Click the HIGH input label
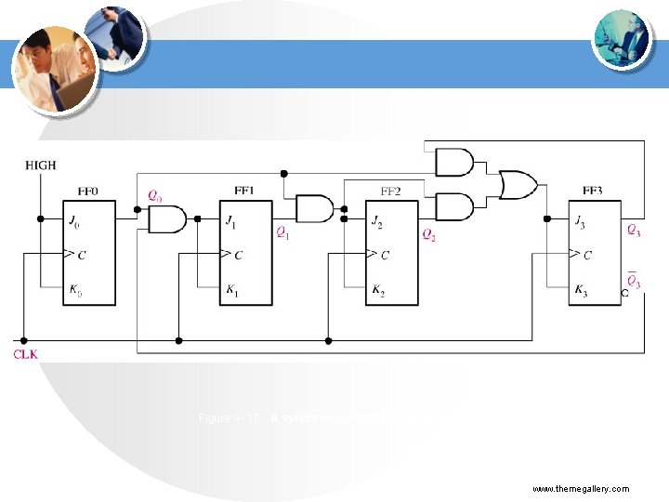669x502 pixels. point(40,165)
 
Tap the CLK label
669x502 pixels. point(26,354)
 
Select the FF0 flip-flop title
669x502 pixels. point(88,192)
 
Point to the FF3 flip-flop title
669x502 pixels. point(592,192)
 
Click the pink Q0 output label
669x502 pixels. point(154,196)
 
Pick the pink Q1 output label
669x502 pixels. point(282,233)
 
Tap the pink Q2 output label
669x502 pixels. point(428,234)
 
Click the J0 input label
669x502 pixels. point(74,220)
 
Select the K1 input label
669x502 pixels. point(231,291)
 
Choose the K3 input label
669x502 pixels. point(581,291)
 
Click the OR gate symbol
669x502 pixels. point(517,184)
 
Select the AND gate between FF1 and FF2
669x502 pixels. point(313,208)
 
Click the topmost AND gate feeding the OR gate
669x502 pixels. point(453,164)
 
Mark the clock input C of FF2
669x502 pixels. point(383,254)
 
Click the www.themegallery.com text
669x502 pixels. point(580,488)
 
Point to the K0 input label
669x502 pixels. point(74,291)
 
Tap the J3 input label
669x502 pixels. point(581,220)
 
